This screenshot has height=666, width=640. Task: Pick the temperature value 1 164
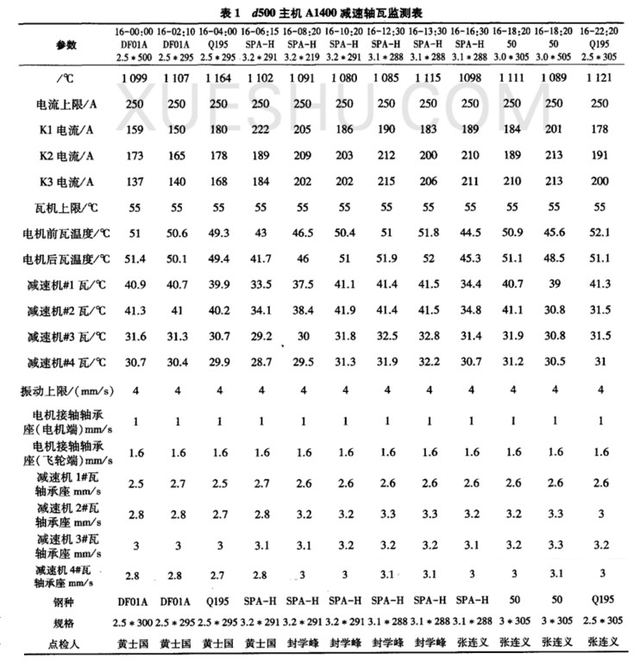pos(218,77)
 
